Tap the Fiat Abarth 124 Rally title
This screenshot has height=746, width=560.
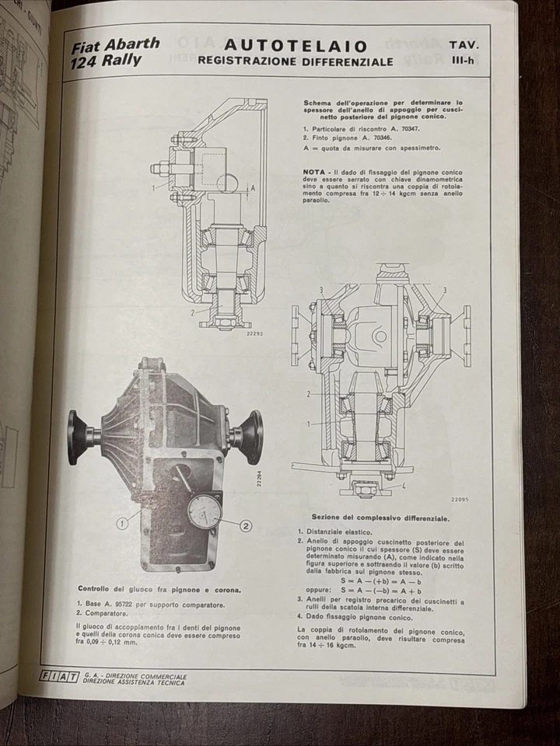tap(115, 51)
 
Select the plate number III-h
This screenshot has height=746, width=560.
tap(465, 61)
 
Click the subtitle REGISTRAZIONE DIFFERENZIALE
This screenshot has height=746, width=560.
tap(295, 61)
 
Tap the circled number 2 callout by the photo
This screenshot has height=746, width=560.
tap(246, 525)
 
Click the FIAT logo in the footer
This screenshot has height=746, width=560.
tap(59, 677)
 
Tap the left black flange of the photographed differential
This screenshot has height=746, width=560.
tap(78, 437)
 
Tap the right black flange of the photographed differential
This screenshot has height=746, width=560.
tap(253, 437)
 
